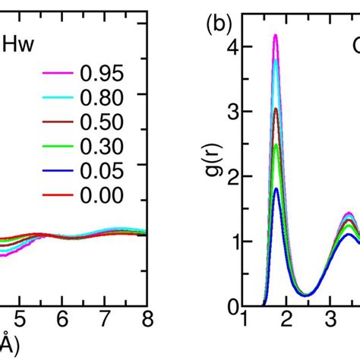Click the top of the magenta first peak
(x=276, y=35)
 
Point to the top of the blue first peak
(x=277, y=188)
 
